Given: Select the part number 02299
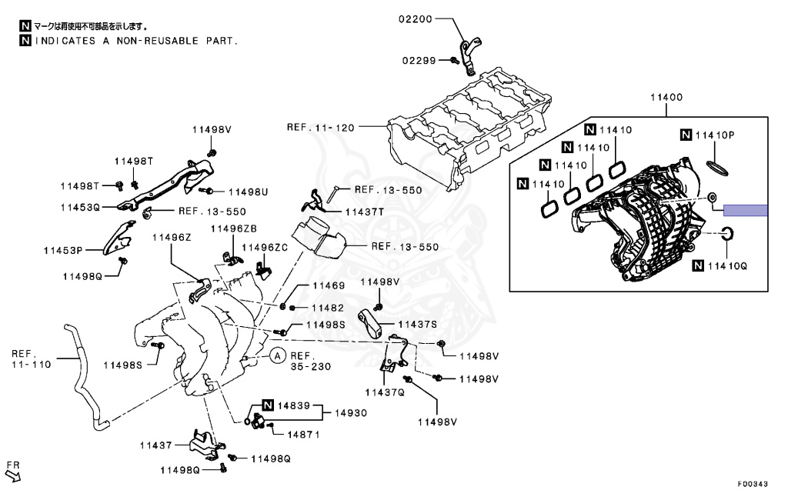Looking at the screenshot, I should click(419, 60).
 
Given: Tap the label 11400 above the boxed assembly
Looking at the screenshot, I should click(666, 98).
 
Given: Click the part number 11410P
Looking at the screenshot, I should click(715, 135).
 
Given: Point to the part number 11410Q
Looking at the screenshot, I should click(726, 266).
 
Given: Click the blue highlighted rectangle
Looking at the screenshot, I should click(746, 210).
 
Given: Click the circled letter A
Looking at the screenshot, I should click(277, 355).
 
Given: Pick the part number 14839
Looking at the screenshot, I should click(295, 405).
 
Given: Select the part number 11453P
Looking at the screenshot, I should click(62, 249).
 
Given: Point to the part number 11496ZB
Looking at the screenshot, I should click(234, 228).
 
